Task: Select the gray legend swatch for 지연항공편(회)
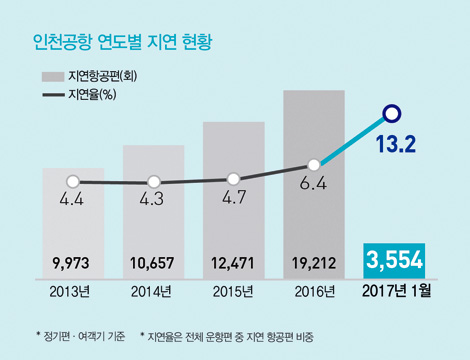[x=52, y=77]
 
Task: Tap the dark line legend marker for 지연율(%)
[x=52, y=96]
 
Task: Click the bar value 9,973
[x=73, y=264]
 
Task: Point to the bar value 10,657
[x=153, y=264]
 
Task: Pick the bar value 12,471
[x=233, y=264]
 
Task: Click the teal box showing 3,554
[x=395, y=261]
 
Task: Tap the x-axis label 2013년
[x=73, y=292]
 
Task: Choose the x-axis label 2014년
[x=153, y=292]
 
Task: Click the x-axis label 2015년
[x=233, y=292]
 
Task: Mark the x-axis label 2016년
[x=313, y=292]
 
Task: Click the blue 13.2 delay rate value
[x=396, y=146]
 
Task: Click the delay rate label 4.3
[x=153, y=200]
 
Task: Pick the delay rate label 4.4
[x=72, y=200]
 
